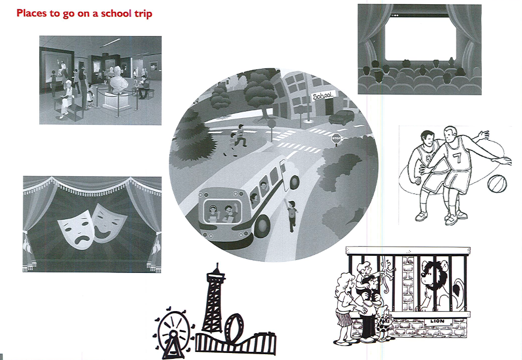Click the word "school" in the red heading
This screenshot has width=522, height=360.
click(x=116, y=13)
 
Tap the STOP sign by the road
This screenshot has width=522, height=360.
click(x=336, y=138)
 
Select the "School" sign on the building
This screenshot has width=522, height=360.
click(x=323, y=96)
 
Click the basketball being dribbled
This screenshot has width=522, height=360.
click(x=497, y=184)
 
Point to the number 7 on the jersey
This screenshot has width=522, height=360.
click(x=457, y=158)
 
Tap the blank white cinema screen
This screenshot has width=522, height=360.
click(x=420, y=38)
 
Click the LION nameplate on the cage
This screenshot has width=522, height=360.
click(x=437, y=321)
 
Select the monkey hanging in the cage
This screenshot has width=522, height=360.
click(x=388, y=276)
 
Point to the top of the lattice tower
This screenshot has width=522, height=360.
click(x=217, y=264)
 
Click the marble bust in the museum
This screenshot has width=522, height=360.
click(x=119, y=80)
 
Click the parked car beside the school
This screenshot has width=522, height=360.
click(x=342, y=117)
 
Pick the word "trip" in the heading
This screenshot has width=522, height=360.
click(x=143, y=14)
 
